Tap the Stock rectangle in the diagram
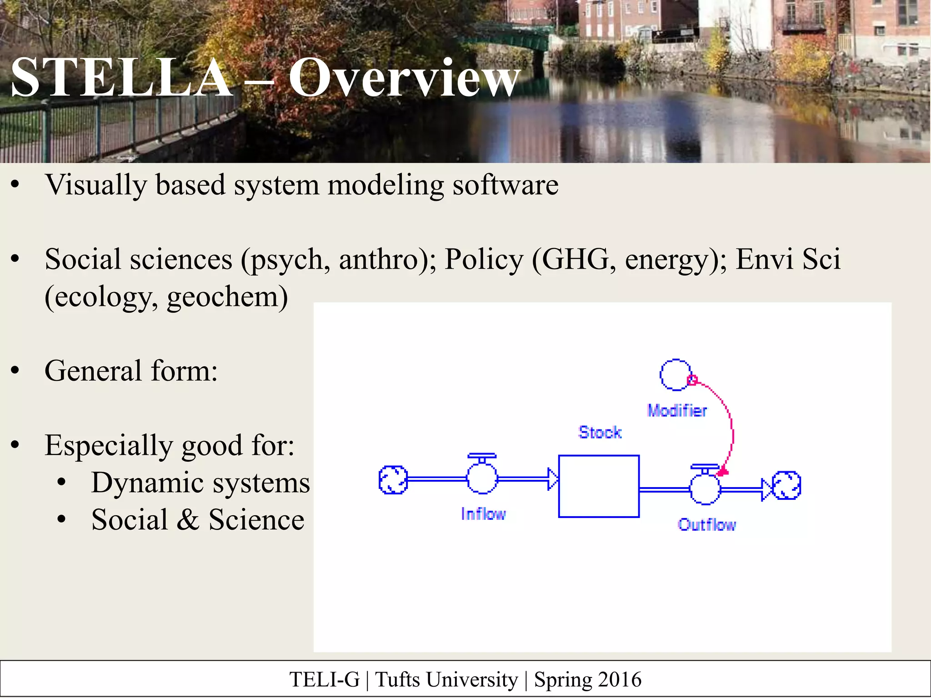point(599,486)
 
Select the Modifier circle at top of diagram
point(676,374)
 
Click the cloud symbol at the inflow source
point(393,479)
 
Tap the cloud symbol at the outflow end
point(786,485)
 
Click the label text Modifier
point(677,411)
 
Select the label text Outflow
point(706,525)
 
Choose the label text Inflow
point(483,514)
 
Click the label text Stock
point(600,432)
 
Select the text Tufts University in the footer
point(446,680)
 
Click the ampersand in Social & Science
point(188,520)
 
